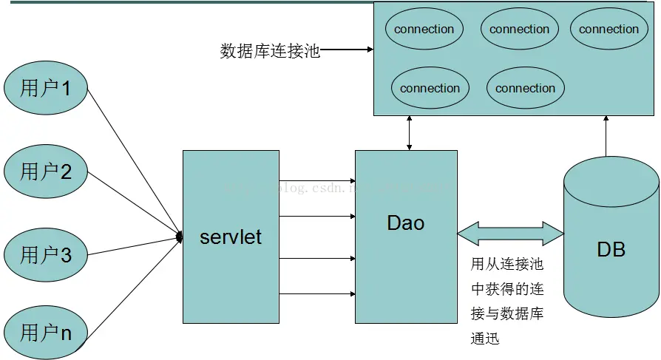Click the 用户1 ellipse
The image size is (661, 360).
pos(46,89)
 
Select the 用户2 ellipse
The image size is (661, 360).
pos(46,172)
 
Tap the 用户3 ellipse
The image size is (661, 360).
pos(46,256)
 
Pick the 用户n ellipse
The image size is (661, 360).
pos(46,333)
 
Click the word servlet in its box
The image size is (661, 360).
pos(231,237)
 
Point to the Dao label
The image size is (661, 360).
pos(406,223)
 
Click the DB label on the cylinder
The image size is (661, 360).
pos(611,249)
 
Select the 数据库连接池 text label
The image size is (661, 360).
pos(270,51)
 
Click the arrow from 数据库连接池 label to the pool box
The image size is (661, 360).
pos(348,50)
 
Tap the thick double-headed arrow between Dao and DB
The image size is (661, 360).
pos(510,234)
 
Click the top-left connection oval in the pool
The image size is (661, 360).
pos(424,30)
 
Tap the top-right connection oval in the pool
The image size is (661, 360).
pos(609,30)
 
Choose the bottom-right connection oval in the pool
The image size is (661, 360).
pos(525,88)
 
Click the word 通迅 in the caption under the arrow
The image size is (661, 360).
pos(485,339)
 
